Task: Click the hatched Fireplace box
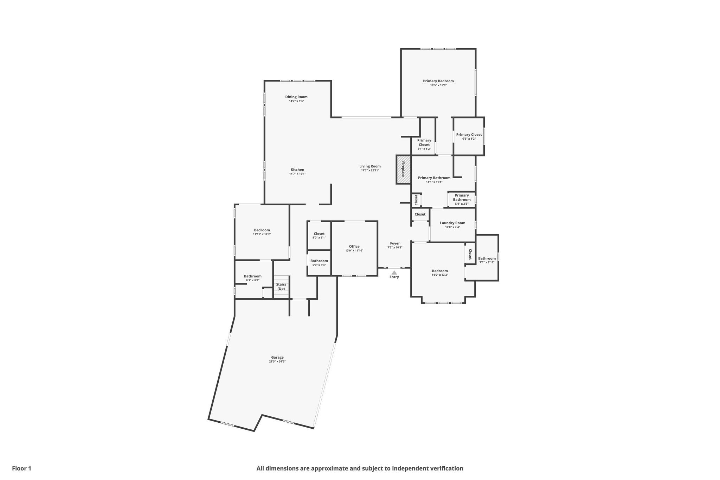[404, 169]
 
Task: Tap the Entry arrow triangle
[394, 273]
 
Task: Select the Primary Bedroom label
[438, 81]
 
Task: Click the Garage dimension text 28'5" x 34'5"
[277, 361]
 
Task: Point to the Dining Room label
[296, 97]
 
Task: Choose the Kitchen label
[297, 170]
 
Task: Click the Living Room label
[370, 166]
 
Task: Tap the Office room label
[354, 247]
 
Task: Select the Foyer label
[395, 243]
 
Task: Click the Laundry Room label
[452, 223]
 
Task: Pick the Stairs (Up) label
[281, 287]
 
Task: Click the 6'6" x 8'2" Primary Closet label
[469, 135]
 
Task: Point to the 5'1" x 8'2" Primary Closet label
[424, 142]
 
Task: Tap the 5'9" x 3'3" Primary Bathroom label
[462, 198]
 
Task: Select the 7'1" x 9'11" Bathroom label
[487, 258]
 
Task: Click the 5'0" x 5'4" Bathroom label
[319, 261]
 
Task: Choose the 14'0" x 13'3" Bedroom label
[440, 271]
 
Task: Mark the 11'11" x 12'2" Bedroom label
[262, 230]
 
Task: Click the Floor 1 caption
[22, 468]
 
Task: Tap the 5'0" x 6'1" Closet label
[319, 234]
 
